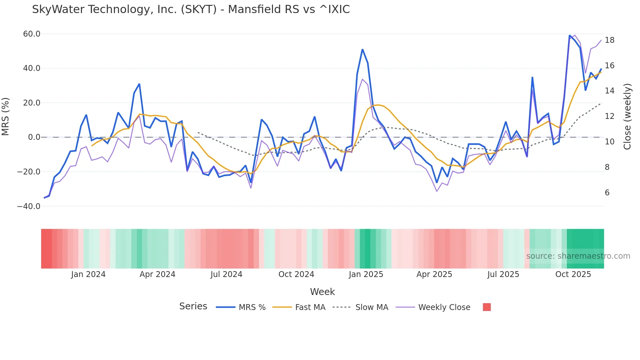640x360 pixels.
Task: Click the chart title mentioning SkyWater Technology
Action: point(191,9)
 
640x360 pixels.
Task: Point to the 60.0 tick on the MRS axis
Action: point(32,34)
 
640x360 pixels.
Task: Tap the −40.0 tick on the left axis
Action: point(29,206)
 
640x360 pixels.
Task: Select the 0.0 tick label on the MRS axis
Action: point(34,137)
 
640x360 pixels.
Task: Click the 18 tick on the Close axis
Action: point(609,40)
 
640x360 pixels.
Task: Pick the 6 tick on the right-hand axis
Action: point(607,193)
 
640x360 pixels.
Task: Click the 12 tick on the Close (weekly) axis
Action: point(609,116)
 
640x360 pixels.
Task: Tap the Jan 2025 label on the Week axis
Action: point(366,274)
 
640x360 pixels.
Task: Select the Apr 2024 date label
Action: point(157,274)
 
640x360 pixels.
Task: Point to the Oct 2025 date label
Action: point(573,274)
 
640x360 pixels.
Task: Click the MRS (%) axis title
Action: point(6,117)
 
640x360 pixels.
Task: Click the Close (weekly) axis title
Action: point(627,117)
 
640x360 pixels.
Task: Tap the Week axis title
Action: point(322,292)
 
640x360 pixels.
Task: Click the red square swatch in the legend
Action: point(487,307)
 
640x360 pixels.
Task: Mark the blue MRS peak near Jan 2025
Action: point(362,50)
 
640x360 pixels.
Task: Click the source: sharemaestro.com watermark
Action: point(578,256)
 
